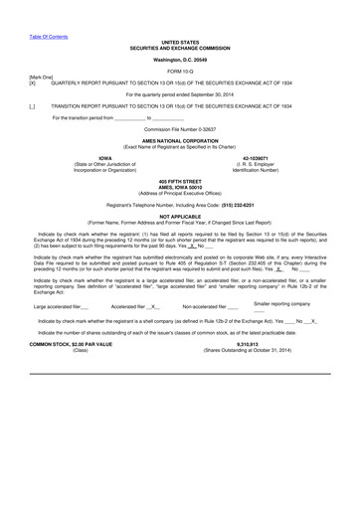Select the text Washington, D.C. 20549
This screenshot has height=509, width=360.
[x=180, y=62]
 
